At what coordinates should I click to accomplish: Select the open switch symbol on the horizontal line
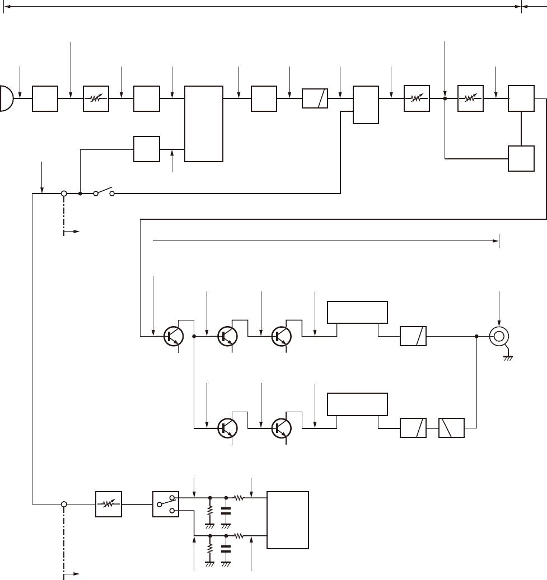point(104,192)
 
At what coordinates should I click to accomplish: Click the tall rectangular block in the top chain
point(204,124)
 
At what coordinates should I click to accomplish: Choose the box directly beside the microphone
point(45,98)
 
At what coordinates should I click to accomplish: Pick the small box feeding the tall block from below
point(147,149)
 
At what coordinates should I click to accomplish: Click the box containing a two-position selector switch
point(166,504)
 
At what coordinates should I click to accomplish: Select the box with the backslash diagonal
point(451,428)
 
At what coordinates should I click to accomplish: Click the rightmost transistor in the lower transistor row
point(282,428)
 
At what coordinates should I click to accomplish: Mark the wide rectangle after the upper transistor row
point(357,312)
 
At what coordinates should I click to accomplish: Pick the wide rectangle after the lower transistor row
point(357,404)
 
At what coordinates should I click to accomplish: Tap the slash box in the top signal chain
point(315,98)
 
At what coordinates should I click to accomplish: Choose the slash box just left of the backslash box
point(413,428)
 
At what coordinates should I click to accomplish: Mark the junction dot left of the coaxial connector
point(476,336)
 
